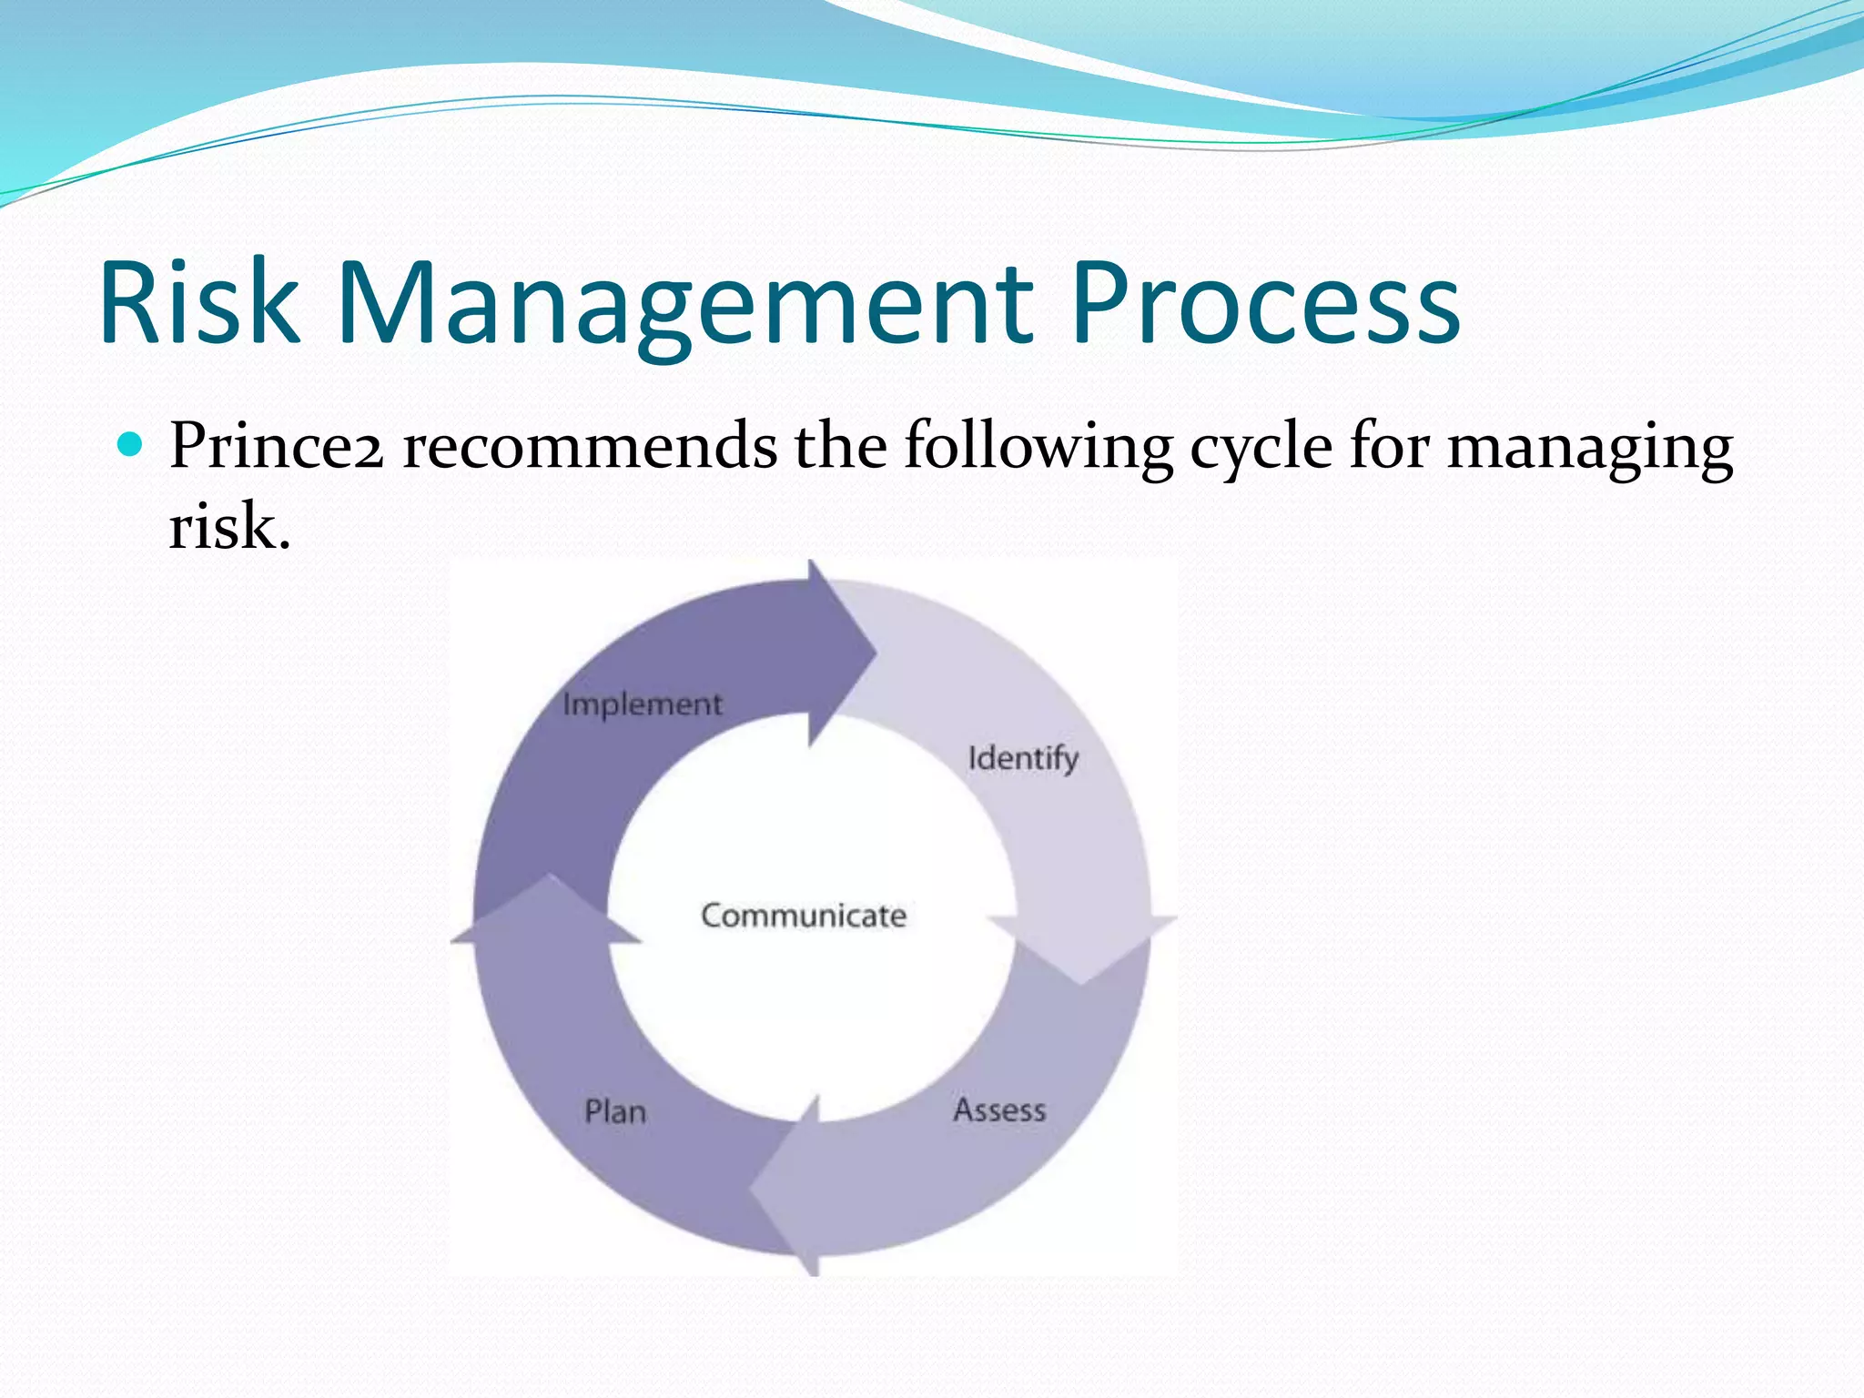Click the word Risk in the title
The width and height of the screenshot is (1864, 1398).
tap(199, 302)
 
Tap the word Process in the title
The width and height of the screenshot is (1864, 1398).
tap(1265, 304)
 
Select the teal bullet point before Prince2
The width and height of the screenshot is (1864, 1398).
tap(131, 445)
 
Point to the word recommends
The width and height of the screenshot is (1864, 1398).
tap(590, 447)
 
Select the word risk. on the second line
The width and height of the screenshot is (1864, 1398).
tap(229, 527)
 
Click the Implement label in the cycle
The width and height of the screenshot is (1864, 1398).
tap(643, 704)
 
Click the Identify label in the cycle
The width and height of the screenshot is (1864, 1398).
tap(1023, 758)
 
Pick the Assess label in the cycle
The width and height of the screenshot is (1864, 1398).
tap(999, 1110)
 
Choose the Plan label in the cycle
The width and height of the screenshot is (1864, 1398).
tap(615, 1112)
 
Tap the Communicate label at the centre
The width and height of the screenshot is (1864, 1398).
tap(804, 916)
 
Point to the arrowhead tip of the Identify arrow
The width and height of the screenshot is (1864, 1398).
tap(1081, 983)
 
